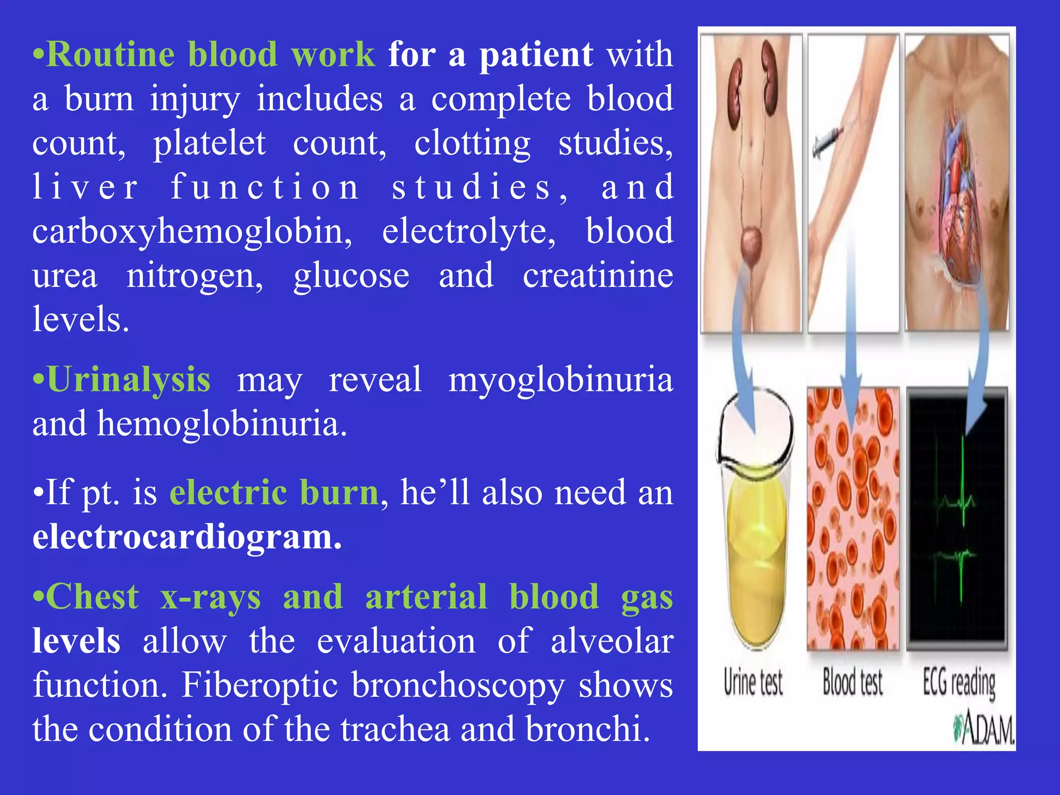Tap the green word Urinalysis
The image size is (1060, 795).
pyautogui.click(x=128, y=380)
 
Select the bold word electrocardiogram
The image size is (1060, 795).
pyautogui.click(x=187, y=537)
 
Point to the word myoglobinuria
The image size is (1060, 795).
pyautogui.click(x=561, y=380)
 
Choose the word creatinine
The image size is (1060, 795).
pyautogui.click(x=598, y=275)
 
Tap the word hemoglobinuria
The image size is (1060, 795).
pyautogui.click(x=222, y=424)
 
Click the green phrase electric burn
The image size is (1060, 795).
pyautogui.click(x=274, y=492)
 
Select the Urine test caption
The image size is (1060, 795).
pyautogui.click(x=753, y=682)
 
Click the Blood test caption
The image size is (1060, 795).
pyautogui.click(x=852, y=682)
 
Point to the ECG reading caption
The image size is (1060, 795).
pyautogui.click(x=959, y=683)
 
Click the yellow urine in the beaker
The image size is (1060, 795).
pyautogui.click(x=756, y=559)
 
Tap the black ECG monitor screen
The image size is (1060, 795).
pyautogui.click(x=957, y=518)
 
